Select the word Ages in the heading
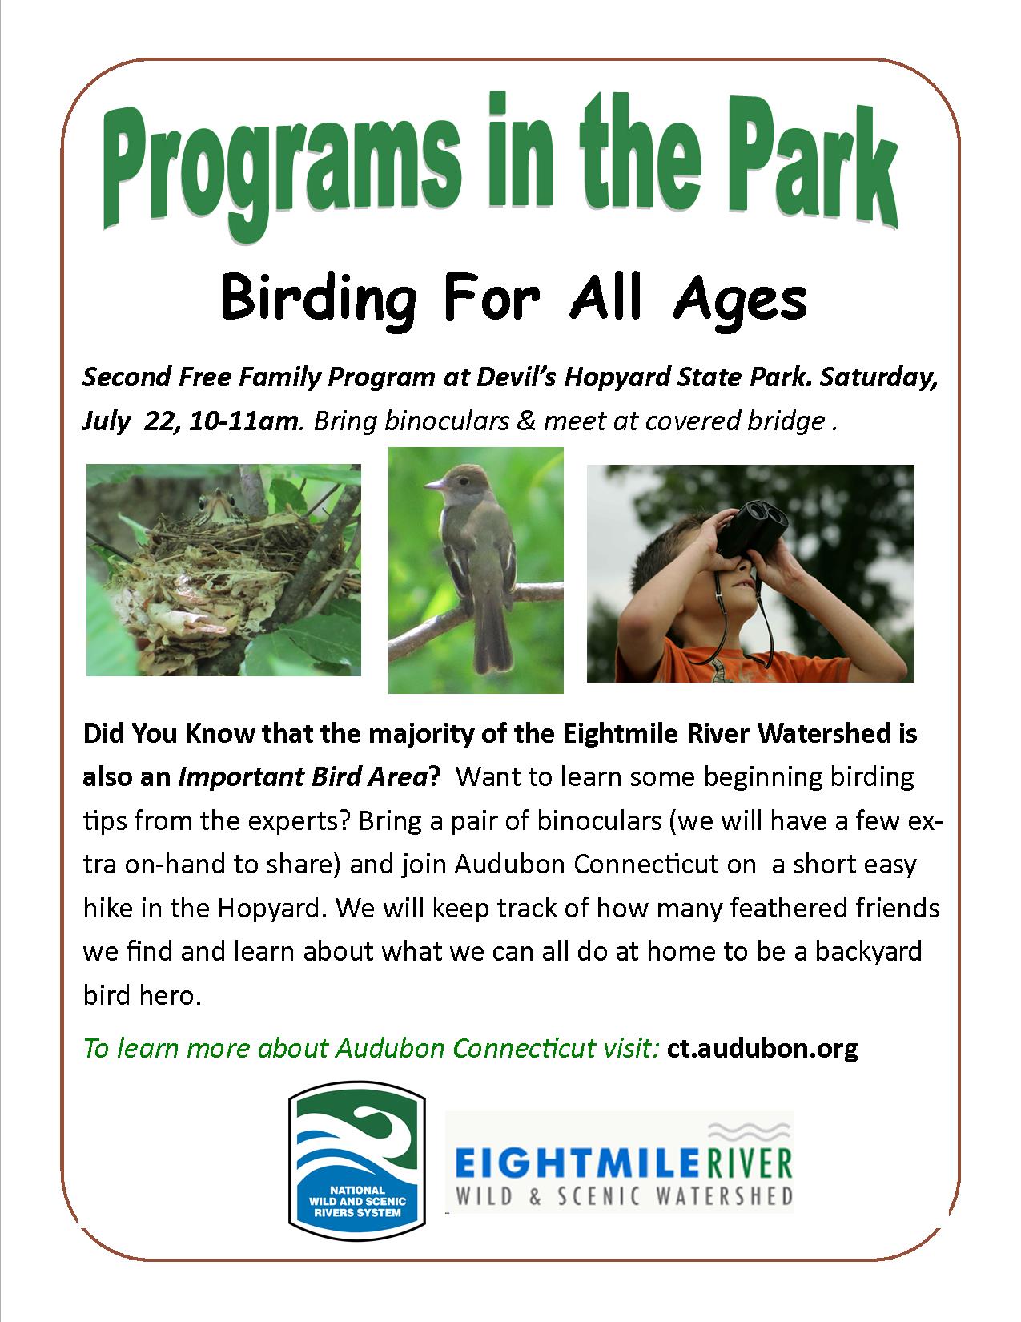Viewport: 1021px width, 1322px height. click(x=740, y=302)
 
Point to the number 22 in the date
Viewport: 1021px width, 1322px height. click(x=159, y=421)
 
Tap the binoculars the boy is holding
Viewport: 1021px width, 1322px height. click(x=754, y=527)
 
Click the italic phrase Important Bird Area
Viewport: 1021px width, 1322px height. click(x=303, y=777)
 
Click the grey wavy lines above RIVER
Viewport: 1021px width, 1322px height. click(x=750, y=1132)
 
